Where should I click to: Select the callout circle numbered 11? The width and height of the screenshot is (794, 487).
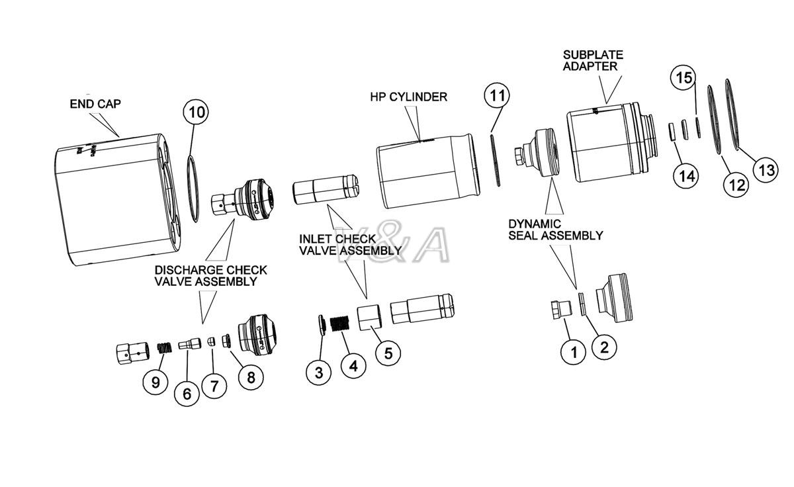tap(497, 95)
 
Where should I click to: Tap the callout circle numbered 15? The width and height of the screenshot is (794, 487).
tap(684, 77)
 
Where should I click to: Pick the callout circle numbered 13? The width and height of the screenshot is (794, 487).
tap(766, 170)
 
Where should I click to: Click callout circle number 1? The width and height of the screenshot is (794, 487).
tap(574, 351)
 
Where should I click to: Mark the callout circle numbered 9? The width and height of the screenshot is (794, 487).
tap(156, 381)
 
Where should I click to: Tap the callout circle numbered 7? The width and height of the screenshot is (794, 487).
tap(214, 386)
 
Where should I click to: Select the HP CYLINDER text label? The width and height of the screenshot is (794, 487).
tap(408, 97)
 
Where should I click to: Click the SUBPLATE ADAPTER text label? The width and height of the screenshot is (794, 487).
tap(593, 60)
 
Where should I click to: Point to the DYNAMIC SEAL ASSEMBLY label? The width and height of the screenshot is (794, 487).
tap(555, 230)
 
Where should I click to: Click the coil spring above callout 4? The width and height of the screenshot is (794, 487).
tap(340, 324)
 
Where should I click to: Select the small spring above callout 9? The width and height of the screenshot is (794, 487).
tap(164, 347)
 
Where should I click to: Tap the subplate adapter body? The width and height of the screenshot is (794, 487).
tap(605, 142)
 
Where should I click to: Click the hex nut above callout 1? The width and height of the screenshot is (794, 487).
tap(560, 310)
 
